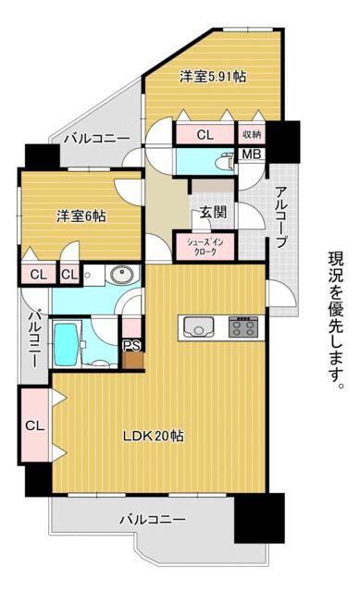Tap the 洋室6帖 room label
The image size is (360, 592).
coord(80,216)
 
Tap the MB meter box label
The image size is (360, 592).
coord(251,154)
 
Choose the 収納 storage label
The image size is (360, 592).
coord(252,135)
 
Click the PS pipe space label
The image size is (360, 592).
coord(132,345)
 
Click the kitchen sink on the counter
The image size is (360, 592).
coord(198,327)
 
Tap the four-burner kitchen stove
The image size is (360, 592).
coord(242,327)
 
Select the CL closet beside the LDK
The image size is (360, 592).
coord(34,425)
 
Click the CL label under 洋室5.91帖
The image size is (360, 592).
coord(205,135)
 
